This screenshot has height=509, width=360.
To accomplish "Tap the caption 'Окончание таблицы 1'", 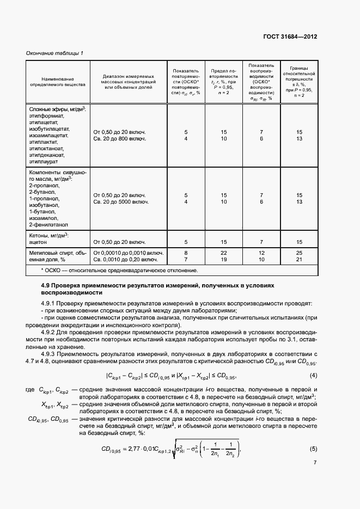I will pos(54,53).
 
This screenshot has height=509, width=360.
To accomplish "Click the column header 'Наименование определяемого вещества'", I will pos(57,82).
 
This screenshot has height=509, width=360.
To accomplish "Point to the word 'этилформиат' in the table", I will pos(47,116).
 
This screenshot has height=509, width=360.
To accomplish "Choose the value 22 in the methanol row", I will pos(223,253).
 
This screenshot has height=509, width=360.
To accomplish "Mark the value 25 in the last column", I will pos(299,253).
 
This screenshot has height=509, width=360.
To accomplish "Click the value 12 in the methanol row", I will pos(261,253).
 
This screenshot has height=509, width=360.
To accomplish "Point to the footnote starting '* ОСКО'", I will pos(119,270).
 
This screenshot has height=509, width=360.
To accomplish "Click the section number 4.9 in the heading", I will pos(46,285).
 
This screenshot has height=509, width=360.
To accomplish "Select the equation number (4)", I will pos(313,376).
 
